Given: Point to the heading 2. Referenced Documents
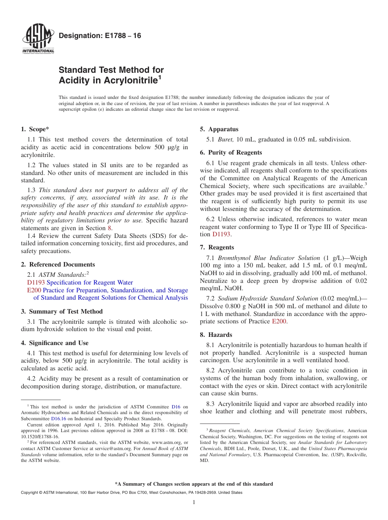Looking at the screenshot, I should point(58,264).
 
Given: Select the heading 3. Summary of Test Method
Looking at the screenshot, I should point(62,312).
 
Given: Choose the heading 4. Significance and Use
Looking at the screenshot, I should point(54,343).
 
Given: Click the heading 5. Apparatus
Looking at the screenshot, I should point(219,129).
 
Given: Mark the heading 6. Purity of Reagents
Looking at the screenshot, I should point(231,152).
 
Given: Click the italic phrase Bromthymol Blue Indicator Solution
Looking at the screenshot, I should point(269,258).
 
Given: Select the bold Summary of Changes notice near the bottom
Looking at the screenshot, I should point(194,484).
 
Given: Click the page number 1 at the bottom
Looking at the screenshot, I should point(194,502).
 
